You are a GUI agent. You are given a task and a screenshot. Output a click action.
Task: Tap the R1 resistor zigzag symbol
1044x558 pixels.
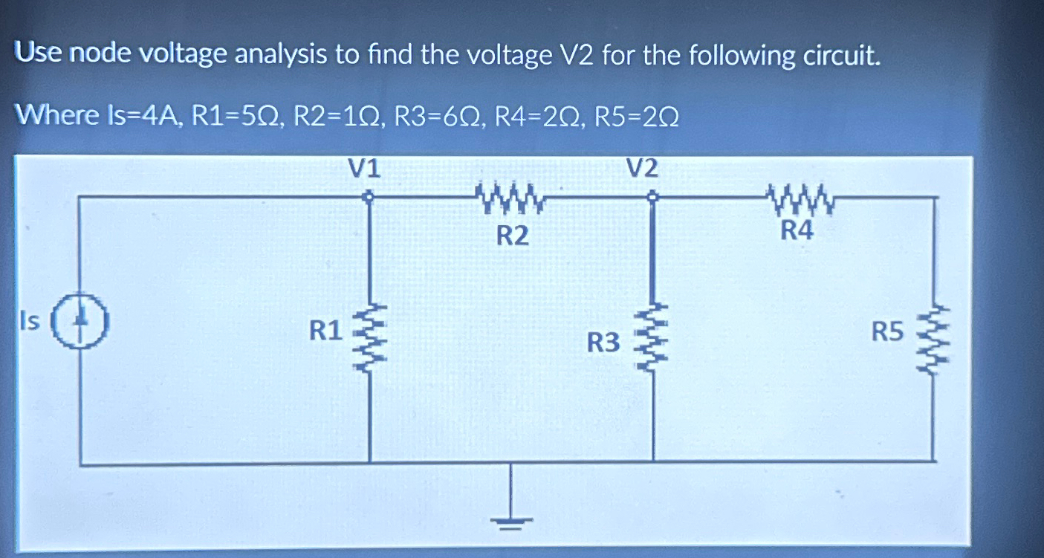[x=369, y=329]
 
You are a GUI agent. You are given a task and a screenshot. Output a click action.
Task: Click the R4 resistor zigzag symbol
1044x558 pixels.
[x=798, y=198]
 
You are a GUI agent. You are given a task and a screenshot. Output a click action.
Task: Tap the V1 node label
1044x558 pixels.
[x=365, y=169]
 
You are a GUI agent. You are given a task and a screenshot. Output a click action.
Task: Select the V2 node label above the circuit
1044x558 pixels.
[x=642, y=169]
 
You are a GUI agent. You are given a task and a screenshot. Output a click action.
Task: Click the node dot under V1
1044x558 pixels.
[x=369, y=198]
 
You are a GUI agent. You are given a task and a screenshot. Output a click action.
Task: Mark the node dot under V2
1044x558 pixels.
[x=652, y=198]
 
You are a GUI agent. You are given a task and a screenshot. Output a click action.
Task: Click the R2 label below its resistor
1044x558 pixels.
[x=512, y=236]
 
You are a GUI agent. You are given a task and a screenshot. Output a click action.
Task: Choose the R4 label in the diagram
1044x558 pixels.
[x=797, y=231]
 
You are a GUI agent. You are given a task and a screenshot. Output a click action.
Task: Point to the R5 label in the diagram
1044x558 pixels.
[x=888, y=332]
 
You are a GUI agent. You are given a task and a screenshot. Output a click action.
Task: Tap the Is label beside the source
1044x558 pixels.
[x=29, y=321]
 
